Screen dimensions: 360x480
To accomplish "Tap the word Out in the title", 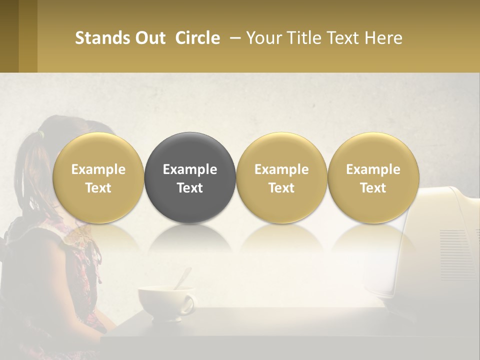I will point(150,38).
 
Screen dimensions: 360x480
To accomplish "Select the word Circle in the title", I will point(197,38).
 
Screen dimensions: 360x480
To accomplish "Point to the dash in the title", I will point(233,38).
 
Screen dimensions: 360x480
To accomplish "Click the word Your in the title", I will point(262,38).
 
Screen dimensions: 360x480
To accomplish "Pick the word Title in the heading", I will point(299,38).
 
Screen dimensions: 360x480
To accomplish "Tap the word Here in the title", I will point(384,38).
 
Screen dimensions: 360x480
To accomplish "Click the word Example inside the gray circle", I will point(190,169).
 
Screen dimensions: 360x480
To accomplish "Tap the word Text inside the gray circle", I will point(190,188).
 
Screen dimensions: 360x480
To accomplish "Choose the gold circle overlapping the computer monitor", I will point(373,177).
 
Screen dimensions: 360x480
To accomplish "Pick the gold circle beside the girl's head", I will point(98,177).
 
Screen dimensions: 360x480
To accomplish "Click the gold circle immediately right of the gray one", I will point(281,177).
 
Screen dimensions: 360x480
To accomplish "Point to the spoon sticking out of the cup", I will point(183,278).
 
